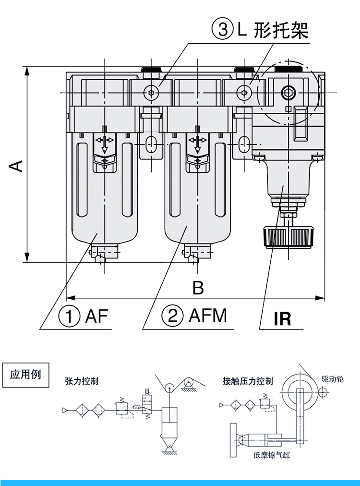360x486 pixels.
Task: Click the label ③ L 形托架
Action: (x=260, y=30)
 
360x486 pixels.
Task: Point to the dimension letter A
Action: (x=16, y=166)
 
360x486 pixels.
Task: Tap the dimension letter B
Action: (x=198, y=288)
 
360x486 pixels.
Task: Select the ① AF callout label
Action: (x=84, y=316)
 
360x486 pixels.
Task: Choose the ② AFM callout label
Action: (x=194, y=316)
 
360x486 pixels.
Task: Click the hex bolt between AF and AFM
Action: (x=152, y=92)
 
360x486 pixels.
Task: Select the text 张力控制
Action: (x=82, y=381)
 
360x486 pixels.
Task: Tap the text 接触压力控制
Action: (x=248, y=381)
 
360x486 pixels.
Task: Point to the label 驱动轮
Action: (x=333, y=379)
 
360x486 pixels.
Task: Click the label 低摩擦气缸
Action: (x=272, y=455)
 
